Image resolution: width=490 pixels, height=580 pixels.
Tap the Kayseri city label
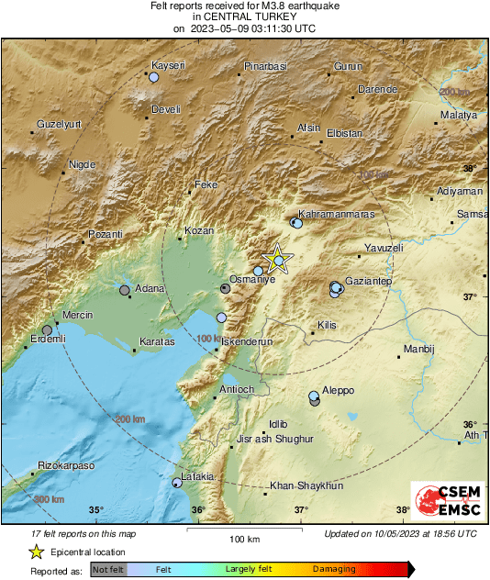(x=169, y=64)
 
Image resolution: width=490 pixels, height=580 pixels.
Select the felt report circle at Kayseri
(x=154, y=78)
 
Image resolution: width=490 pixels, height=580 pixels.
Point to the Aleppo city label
(x=337, y=390)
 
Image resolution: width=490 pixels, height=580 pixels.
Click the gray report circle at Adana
(x=125, y=290)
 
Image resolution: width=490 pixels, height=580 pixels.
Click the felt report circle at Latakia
(x=177, y=482)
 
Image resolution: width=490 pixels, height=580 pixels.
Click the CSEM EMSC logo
(x=444, y=504)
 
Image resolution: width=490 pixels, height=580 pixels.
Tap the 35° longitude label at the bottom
(x=96, y=509)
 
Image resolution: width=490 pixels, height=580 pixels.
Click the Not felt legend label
(x=108, y=569)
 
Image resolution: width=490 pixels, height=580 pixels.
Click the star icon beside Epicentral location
(x=36, y=552)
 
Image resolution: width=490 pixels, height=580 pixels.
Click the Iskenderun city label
(x=249, y=340)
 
